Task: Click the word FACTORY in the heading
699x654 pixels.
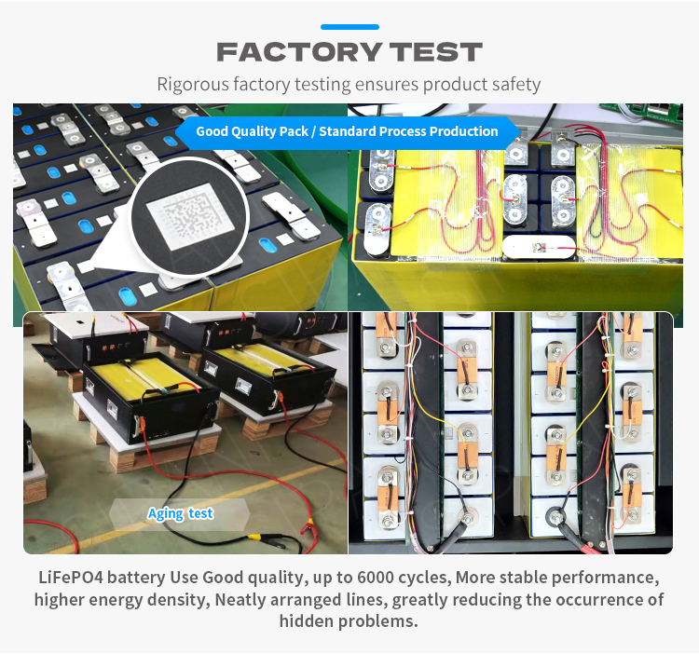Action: [x=298, y=51]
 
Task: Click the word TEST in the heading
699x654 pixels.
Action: [x=436, y=51]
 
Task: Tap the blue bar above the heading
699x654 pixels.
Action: [x=349, y=27]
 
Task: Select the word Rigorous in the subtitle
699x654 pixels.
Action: [x=193, y=85]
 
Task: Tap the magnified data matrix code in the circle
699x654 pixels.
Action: [x=190, y=216]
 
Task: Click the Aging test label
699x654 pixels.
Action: [x=180, y=513]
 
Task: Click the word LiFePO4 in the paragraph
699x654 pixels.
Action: [x=71, y=578]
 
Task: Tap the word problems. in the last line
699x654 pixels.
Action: [x=378, y=621]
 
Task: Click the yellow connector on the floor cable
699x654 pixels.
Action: [x=254, y=538]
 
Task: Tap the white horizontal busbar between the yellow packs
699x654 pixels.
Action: [x=539, y=247]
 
